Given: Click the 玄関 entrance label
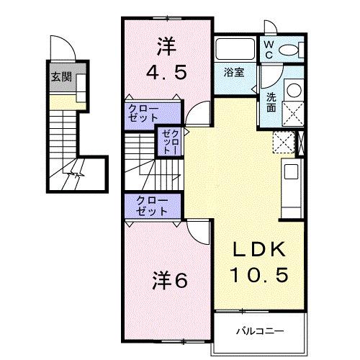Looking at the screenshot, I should (x=60, y=77).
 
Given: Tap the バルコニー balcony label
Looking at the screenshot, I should (x=260, y=331).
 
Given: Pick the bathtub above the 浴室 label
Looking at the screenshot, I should (x=234, y=49).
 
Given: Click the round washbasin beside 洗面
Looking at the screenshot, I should (x=294, y=91).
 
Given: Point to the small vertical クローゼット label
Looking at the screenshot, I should (x=167, y=142).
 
